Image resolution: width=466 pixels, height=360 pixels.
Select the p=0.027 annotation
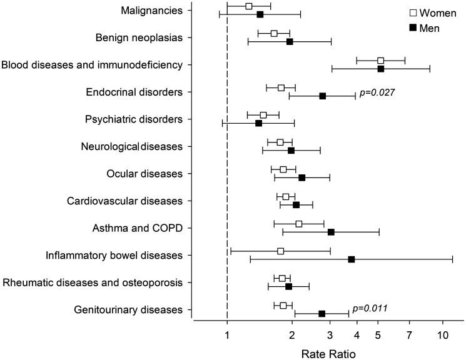[x=378, y=92]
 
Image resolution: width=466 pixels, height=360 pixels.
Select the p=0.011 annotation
[x=370, y=308]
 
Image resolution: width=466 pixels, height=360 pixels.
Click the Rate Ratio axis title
[x=328, y=354]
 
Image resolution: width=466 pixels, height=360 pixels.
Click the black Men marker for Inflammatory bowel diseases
[x=352, y=259]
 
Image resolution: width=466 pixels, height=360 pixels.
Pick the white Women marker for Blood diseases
[x=381, y=61]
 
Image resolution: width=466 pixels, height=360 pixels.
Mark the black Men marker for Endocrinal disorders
[x=323, y=96]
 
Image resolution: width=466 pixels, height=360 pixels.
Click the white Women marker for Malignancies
[x=249, y=6]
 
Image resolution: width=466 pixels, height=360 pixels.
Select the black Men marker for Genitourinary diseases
[x=322, y=314]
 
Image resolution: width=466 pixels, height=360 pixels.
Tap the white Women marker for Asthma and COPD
[x=299, y=224]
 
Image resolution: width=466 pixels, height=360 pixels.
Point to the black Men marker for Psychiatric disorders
[x=259, y=123]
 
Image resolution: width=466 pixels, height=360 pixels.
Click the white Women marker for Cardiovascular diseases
[x=286, y=197]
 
